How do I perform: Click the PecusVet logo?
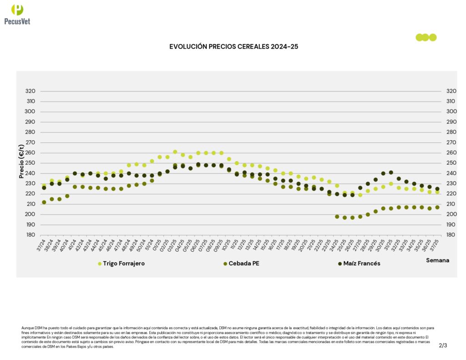(x=17, y=14)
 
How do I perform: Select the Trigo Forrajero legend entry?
(x=121, y=264)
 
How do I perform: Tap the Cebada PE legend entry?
(x=244, y=264)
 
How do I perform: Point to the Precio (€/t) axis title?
(x=21, y=161)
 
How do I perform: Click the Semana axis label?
(x=437, y=260)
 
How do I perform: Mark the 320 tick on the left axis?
(x=31, y=91)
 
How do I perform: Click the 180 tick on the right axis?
(x=451, y=235)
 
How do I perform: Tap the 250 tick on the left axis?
(x=31, y=163)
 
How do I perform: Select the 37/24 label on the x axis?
(x=42, y=245)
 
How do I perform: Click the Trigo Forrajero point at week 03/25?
(x=175, y=152)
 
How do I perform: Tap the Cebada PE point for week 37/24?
(x=44, y=202)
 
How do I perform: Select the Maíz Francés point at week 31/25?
(x=391, y=172)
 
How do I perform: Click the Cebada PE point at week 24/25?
(x=337, y=217)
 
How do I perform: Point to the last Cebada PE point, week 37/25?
(x=437, y=208)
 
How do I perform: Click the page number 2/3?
(x=443, y=345)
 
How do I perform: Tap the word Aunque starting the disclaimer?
(x=27, y=328)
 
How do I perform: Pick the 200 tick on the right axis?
(x=451, y=214)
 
